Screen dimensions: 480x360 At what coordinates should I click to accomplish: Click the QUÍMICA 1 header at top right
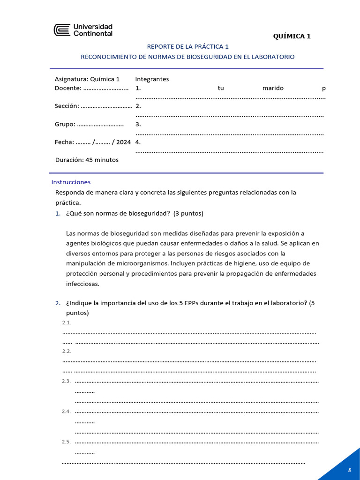[x=292, y=36]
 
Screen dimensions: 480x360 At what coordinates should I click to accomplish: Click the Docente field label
[x=68, y=88]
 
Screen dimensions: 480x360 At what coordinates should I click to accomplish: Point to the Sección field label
[x=67, y=106]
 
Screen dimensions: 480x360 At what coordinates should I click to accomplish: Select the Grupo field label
[x=65, y=124]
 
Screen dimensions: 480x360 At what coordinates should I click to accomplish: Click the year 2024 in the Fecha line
[x=123, y=142]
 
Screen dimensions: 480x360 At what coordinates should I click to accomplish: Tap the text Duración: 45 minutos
[x=87, y=160]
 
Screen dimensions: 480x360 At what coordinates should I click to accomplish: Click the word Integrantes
[x=152, y=79]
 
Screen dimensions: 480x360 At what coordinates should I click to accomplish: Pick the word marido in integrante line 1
[x=273, y=88]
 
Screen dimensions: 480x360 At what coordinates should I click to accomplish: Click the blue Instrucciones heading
[x=71, y=182]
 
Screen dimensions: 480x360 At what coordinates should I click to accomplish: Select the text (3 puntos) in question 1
[x=188, y=213]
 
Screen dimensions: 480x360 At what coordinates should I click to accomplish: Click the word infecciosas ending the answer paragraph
[x=83, y=284]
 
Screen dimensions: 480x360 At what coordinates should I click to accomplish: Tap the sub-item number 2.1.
[x=67, y=322]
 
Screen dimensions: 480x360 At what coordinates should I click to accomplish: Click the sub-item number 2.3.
[x=67, y=381]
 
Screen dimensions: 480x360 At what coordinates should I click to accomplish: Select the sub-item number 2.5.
[x=67, y=442]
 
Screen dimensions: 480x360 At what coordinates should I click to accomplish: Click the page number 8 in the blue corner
[x=349, y=470]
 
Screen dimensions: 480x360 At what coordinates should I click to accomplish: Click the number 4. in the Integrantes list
[x=138, y=142]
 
